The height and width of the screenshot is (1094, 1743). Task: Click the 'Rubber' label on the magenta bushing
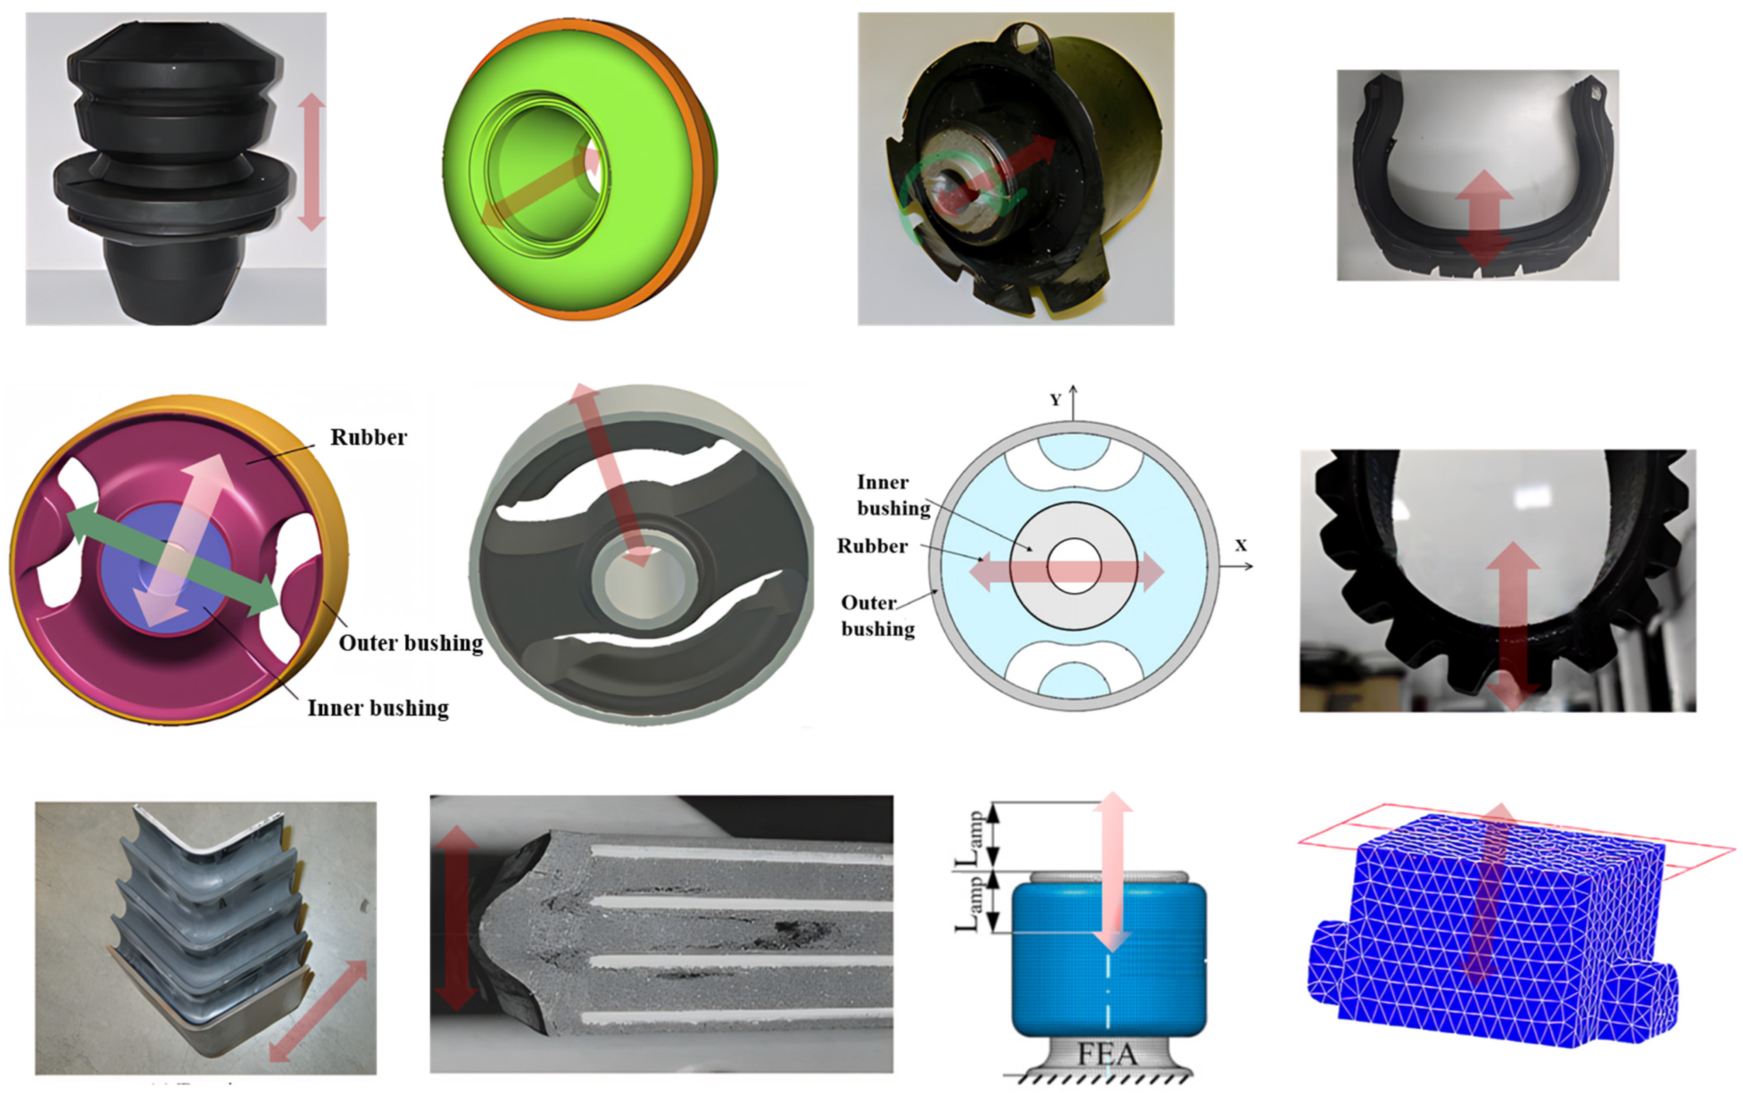click(368, 437)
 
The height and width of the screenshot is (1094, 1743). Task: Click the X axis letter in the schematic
click(1241, 545)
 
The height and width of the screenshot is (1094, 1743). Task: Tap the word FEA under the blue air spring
click(1108, 1054)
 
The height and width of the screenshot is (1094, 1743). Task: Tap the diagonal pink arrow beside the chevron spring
click(317, 1011)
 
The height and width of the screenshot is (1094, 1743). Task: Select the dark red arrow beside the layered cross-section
click(456, 918)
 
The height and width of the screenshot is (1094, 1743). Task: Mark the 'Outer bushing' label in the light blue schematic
click(878, 616)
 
